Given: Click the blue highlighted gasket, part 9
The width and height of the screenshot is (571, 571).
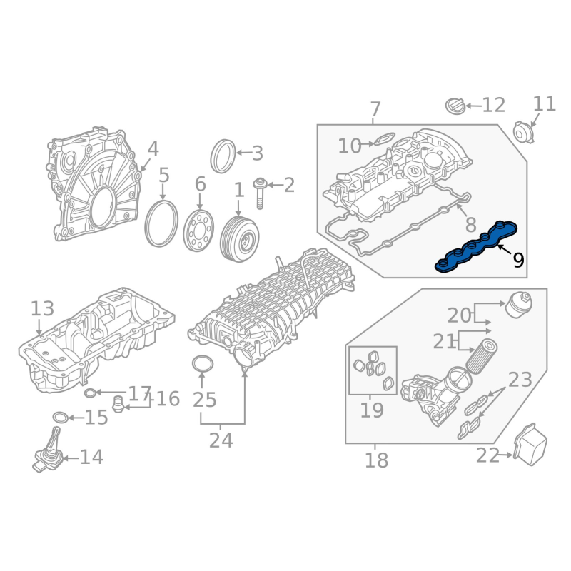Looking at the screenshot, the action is [477, 246].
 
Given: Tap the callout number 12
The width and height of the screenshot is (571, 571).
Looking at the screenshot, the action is [494, 105].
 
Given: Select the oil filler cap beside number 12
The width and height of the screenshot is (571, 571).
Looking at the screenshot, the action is [455, 106].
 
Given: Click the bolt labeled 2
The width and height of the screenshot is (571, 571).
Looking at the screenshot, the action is [260, 193].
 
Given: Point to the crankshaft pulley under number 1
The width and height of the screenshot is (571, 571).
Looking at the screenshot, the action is [239, 238].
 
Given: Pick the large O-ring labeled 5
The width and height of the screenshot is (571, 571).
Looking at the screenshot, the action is [161, 223].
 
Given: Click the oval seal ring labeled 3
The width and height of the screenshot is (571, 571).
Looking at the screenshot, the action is [223, 156].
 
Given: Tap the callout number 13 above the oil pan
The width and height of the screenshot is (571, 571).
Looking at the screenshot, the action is [42, 308].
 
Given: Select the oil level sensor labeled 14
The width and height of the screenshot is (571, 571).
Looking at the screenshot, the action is [47, 450].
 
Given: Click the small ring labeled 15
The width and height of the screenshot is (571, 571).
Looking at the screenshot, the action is [61, 418].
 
